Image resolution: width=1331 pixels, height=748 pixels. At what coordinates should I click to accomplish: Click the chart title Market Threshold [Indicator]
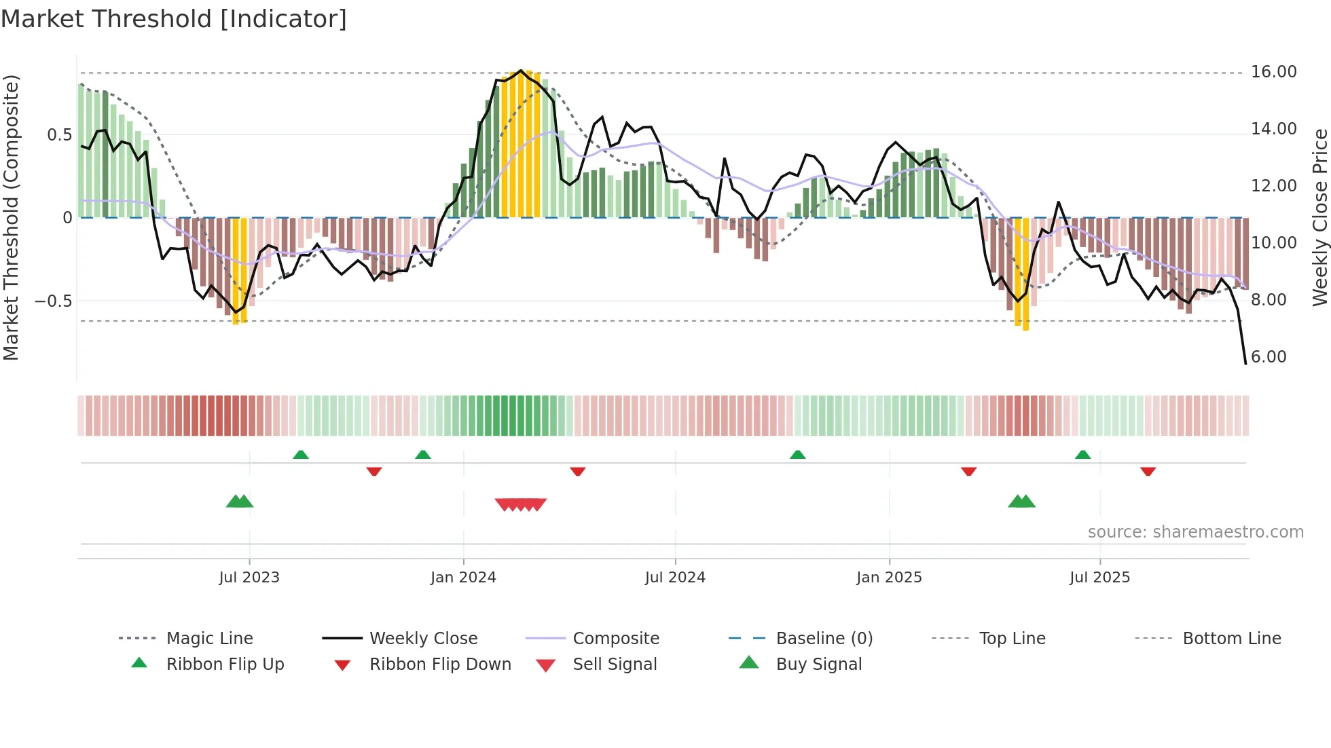click(174, 19)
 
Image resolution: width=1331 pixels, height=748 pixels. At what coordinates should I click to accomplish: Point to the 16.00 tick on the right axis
click(1273, 72)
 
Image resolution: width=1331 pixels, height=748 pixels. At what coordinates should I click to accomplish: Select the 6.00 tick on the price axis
click(1268, 357)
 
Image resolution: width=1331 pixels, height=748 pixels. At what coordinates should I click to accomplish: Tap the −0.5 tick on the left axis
click(54, 301)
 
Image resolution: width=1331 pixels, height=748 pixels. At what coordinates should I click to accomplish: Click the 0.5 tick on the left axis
click(59, 135)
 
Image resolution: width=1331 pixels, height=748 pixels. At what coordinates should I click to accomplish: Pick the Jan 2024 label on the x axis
click(463, 578)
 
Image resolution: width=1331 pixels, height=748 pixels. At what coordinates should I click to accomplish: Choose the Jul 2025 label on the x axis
click(1099, 578)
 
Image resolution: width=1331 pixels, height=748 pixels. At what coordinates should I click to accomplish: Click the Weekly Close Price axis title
click(1319, 217)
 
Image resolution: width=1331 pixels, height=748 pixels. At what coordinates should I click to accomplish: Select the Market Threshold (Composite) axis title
click(11, 217)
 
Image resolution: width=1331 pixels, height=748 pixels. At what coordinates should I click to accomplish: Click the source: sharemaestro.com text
click(1195, 532)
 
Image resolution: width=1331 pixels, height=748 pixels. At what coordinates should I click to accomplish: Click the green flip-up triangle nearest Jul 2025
click(1082, 455)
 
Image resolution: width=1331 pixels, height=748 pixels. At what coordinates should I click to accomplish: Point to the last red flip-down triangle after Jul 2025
click(1148, 471)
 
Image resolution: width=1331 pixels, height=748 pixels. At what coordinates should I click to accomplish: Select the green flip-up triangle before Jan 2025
click(797, 455)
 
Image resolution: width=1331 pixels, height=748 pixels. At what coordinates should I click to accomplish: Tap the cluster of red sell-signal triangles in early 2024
click(521, 504)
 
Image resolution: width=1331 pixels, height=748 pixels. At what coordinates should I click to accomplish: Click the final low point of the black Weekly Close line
click(1245, 364)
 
